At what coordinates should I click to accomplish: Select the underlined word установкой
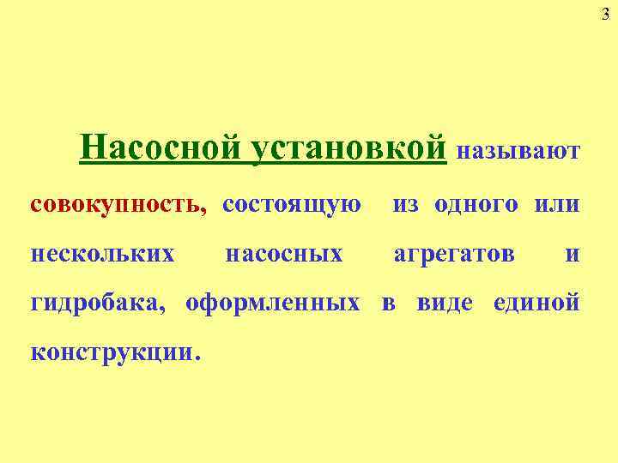(x=352, y=147)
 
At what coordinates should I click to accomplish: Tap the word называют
(x=519, y=152)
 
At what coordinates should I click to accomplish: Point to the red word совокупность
(x=117, y=205)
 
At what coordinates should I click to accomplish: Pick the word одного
(x=476, y=205)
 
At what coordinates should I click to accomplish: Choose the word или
(x=556, y=205)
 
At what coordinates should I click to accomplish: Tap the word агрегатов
(x=454, y=254)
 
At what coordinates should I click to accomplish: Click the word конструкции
(x=111, y=352)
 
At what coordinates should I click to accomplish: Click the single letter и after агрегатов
(x=573, y=255)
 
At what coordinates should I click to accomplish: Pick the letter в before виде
(x=388, y=304)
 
